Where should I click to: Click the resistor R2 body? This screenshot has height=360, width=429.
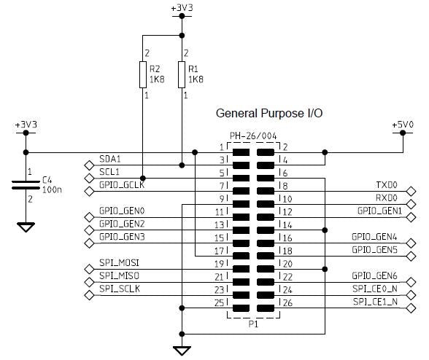(143, 74)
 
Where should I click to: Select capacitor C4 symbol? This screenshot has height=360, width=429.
(26, 185)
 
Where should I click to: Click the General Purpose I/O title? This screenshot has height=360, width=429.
(269, 114)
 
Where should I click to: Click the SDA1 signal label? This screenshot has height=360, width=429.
(110, 158)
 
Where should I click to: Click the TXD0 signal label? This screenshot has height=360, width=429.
(387, 185)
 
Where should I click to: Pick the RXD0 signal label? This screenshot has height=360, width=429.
(387, 197)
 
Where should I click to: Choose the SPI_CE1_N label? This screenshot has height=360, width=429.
(376, 301)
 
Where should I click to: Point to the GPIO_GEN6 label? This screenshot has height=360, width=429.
(375, 275)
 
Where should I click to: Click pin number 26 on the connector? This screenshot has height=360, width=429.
(287, 302)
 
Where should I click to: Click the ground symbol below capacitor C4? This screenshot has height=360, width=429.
(26, 227)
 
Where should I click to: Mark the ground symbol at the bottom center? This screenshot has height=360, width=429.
(180, 350)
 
